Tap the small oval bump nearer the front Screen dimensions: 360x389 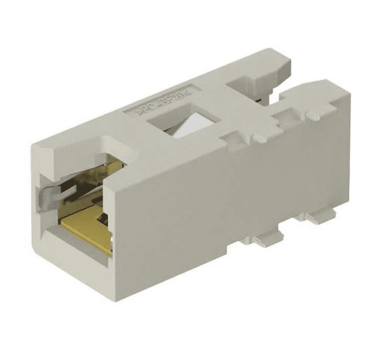[x=260, y=138]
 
